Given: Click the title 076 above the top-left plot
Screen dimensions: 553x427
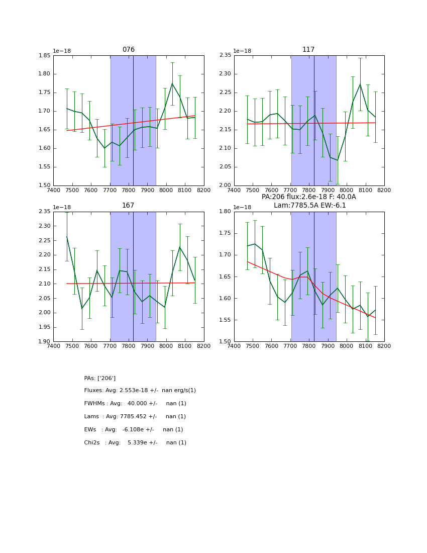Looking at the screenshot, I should coord(129,50).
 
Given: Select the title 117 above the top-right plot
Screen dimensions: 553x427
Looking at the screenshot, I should coord(308,50).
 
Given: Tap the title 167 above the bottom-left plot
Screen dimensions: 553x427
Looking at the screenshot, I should coord(129,206).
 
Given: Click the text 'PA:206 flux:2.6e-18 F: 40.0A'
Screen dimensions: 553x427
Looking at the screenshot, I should coord(308,197).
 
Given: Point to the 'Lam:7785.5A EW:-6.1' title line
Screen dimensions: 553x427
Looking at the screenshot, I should coord(309,206).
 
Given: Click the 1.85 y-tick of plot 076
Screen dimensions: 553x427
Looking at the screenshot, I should coord(45,55).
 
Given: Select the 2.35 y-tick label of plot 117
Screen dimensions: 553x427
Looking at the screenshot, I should coord(225,55).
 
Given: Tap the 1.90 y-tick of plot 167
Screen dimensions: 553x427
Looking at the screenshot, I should coord(45,342).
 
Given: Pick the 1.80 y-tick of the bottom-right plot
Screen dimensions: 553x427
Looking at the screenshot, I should coord(225,212).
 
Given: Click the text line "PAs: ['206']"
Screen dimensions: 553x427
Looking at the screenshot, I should coord(100,378).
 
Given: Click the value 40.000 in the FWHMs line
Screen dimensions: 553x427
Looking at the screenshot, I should coord(137,404).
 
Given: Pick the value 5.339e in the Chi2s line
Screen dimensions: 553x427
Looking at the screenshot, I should coord(138,443).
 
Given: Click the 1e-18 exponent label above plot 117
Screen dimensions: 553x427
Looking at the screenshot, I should coord(243,51).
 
